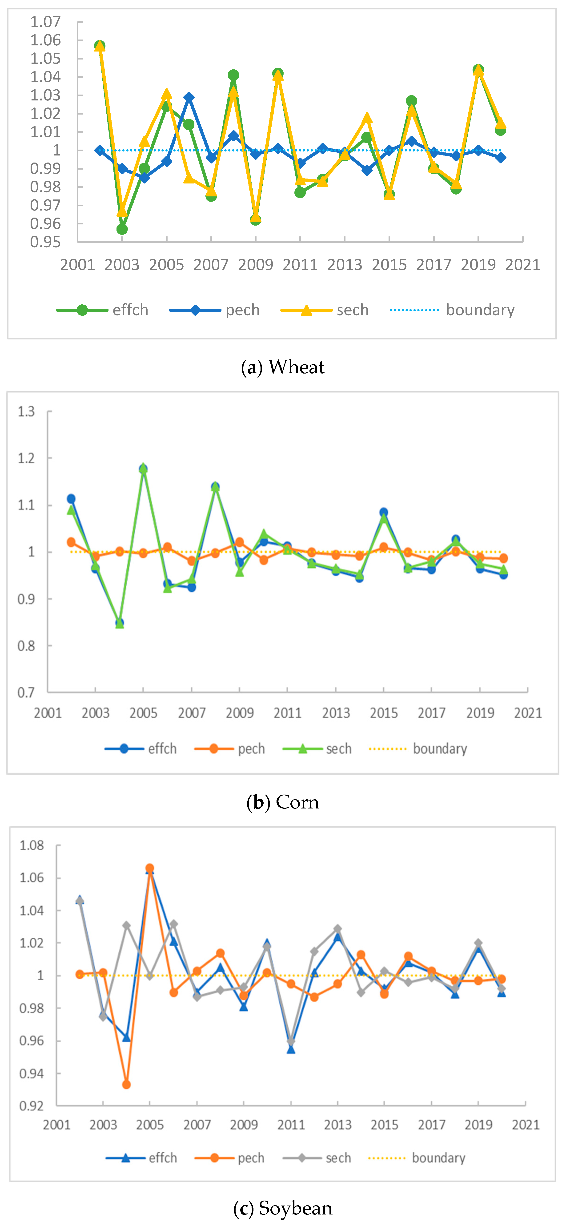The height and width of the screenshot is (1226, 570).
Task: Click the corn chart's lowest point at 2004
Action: click(x=120, y=623)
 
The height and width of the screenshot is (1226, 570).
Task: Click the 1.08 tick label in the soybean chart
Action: click(x=32, y=846)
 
